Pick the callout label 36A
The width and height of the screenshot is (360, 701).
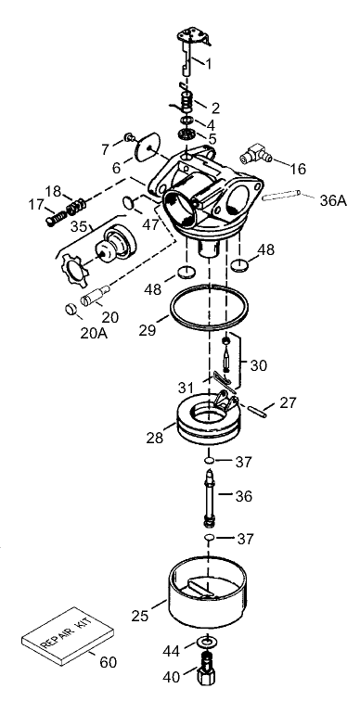pyautogui.click(x=333, y=199)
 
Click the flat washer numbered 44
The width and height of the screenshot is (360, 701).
pyautogui.click(x=205, y=642)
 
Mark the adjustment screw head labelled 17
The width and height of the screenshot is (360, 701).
pyautogui.click(x=52, y=222)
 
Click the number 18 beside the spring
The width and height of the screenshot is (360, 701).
pyautogui.click(x=53, y=191)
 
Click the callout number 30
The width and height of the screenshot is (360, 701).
pyautogui.click(x=258, y=365)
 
